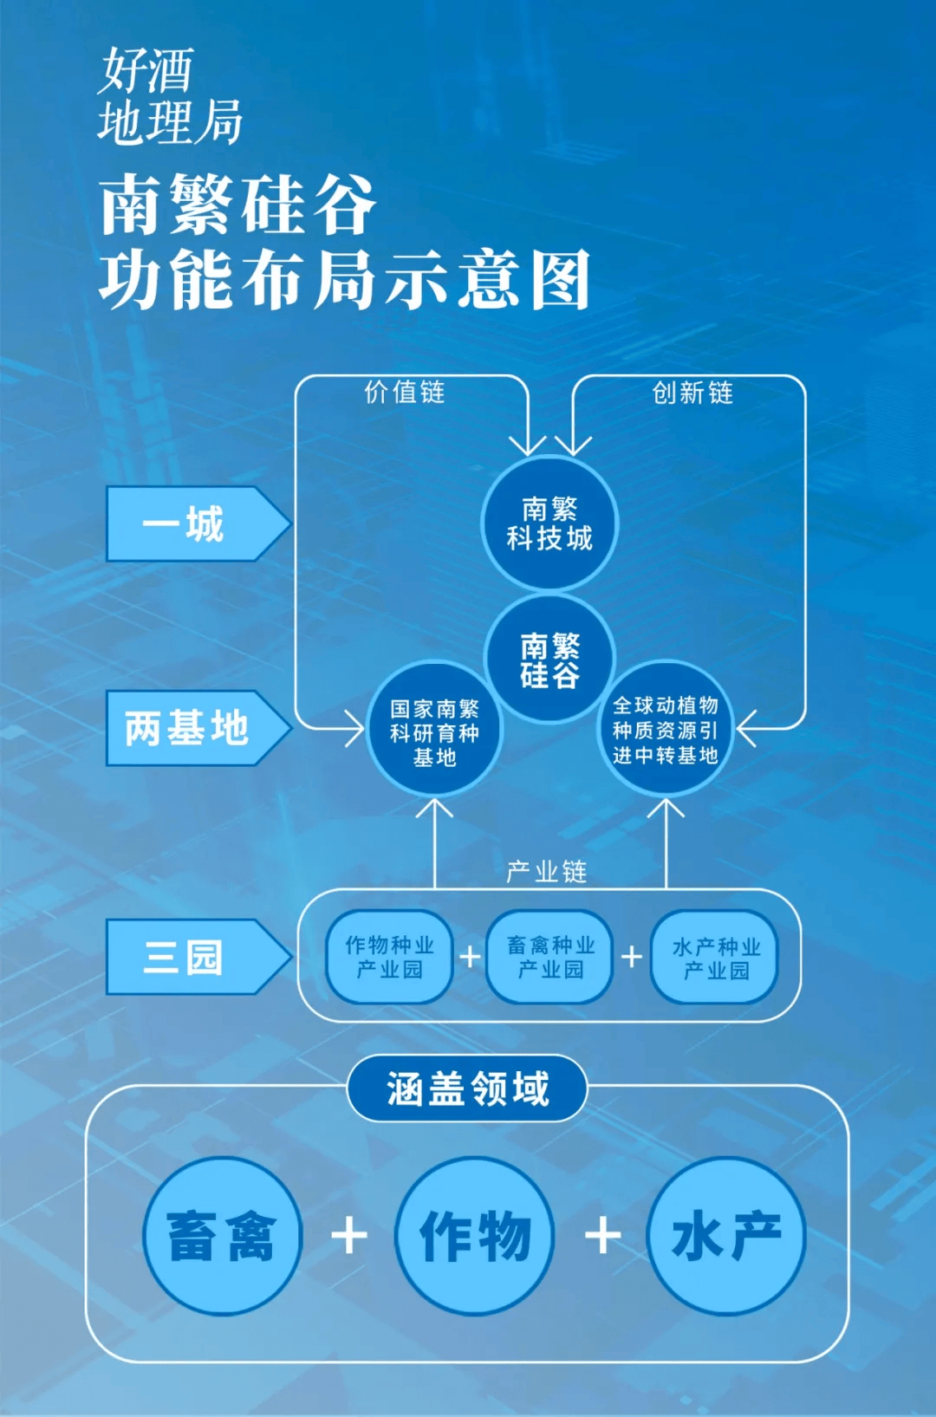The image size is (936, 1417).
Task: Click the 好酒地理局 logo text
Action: click(x=170, y=96)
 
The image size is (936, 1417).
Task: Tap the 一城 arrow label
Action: click(x=198, y=523)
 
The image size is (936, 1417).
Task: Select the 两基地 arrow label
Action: click(x=198, y=728)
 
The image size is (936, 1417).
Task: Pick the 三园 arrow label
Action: click(x=198, y=957)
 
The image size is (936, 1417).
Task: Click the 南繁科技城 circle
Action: click(x=549, y=523)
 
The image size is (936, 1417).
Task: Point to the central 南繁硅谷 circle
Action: click(x=549, y=660)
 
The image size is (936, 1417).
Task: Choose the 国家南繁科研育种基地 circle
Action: click(x=434, y=729)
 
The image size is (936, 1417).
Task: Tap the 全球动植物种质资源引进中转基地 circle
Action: click(x=665, y=729)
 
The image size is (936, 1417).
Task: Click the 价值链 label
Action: click(x=404, y=393)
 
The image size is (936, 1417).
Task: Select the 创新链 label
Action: click(x=692, y=393)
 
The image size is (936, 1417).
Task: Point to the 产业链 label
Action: click(x=546, y=872)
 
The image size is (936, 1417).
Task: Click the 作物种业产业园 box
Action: click(x=390, y=957)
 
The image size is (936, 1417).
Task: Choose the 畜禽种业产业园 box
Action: click(x=550, y=957)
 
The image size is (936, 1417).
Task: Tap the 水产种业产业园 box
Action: click(x=715, y=957)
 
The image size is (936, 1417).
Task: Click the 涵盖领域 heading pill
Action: click(x=467, y=1089)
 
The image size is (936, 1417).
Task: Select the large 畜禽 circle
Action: click(x=221, y=1236)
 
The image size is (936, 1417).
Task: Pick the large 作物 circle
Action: click(x=474, y=1236)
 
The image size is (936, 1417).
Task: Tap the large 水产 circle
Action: click(x=726, y=1236)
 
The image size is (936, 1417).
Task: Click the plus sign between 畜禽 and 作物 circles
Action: click(x=349, y=1236)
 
